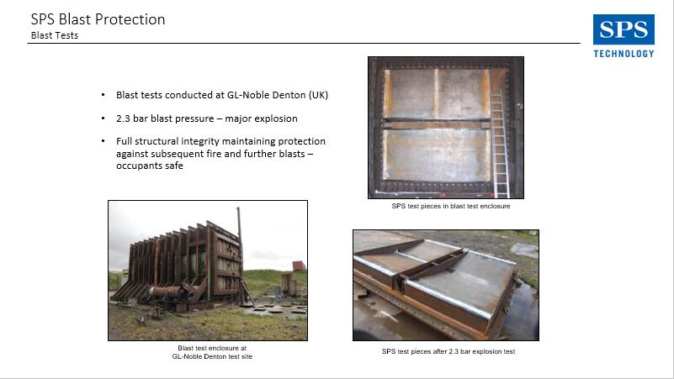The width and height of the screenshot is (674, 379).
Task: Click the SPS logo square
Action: coord(624,29)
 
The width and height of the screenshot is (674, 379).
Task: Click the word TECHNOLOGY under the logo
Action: coord(624,54)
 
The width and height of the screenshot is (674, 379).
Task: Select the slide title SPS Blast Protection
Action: coord(98,19)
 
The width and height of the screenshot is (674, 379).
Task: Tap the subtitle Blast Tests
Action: coord(55,35)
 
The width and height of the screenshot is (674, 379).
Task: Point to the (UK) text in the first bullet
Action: coord(318,95)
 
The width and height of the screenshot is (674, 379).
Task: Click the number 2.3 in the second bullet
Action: coord(123,118)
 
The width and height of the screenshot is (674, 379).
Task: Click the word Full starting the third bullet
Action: coord(124,141)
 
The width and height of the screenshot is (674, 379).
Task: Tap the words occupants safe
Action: coord(150,166)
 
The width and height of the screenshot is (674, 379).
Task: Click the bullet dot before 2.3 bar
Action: coord(103,118)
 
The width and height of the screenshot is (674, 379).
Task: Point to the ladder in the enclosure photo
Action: coord(500,143)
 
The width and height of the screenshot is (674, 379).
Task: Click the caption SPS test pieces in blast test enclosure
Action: coord(451,206)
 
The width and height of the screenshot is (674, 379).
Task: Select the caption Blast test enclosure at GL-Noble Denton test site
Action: coord(212,352)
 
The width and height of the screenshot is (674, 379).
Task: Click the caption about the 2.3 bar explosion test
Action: coord(448,351)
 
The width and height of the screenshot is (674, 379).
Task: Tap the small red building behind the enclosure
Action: coord(300,266)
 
